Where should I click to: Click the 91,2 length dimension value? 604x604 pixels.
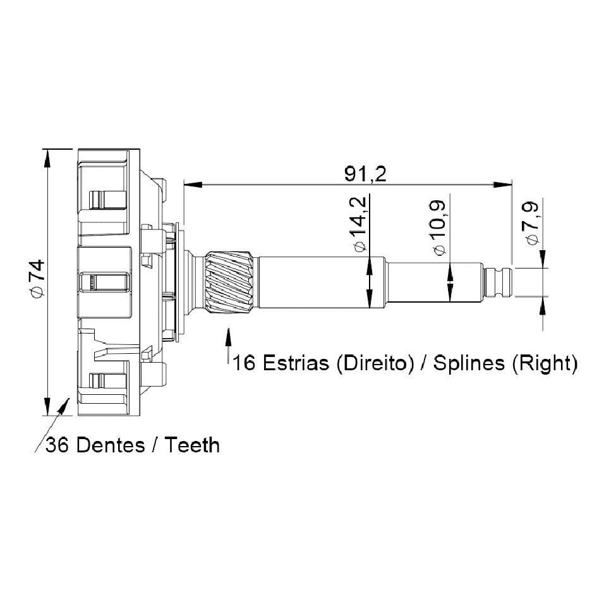[365, 174]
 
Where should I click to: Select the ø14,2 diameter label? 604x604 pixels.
[358, 224]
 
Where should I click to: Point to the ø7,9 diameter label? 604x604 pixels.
[531, 223]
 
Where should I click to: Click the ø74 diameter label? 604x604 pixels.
[38, 279]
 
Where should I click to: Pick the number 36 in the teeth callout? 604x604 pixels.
[57, 445]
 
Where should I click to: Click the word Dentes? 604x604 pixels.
[111, 445]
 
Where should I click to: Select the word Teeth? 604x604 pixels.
[192, 445]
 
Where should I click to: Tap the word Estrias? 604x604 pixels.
[296, 363]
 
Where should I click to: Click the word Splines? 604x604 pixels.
[469, 363]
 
